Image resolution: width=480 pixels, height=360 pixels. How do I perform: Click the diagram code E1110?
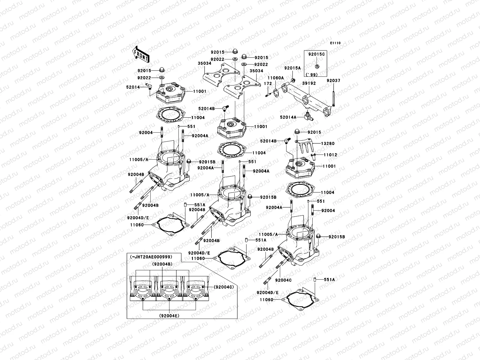335,43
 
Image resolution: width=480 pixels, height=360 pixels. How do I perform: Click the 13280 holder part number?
328,144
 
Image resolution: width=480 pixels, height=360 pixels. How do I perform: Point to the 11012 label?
330,155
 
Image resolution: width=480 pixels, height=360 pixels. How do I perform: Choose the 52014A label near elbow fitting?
288,117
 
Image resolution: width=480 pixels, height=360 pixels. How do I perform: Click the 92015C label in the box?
316,54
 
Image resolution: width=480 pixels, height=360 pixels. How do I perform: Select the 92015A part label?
292,68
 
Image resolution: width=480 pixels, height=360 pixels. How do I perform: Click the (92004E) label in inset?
170,316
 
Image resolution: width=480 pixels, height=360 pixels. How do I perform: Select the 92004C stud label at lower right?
283,280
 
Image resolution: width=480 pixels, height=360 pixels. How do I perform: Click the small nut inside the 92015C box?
317,66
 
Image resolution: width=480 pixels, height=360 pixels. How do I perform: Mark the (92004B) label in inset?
162,264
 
